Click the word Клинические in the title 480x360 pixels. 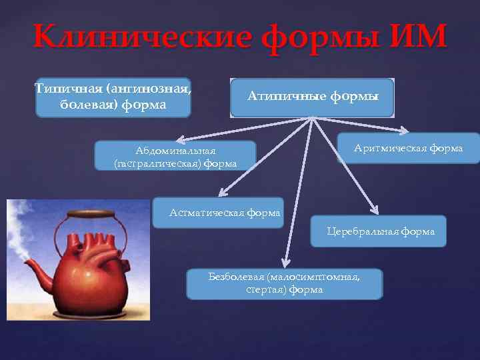[138, 39]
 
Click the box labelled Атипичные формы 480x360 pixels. [313, 97]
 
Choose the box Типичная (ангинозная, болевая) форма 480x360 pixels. [113, 97]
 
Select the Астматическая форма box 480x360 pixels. [218, 213]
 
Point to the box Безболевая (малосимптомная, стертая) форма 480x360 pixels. [285, 283]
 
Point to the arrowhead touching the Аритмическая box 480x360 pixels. [402, 131]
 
